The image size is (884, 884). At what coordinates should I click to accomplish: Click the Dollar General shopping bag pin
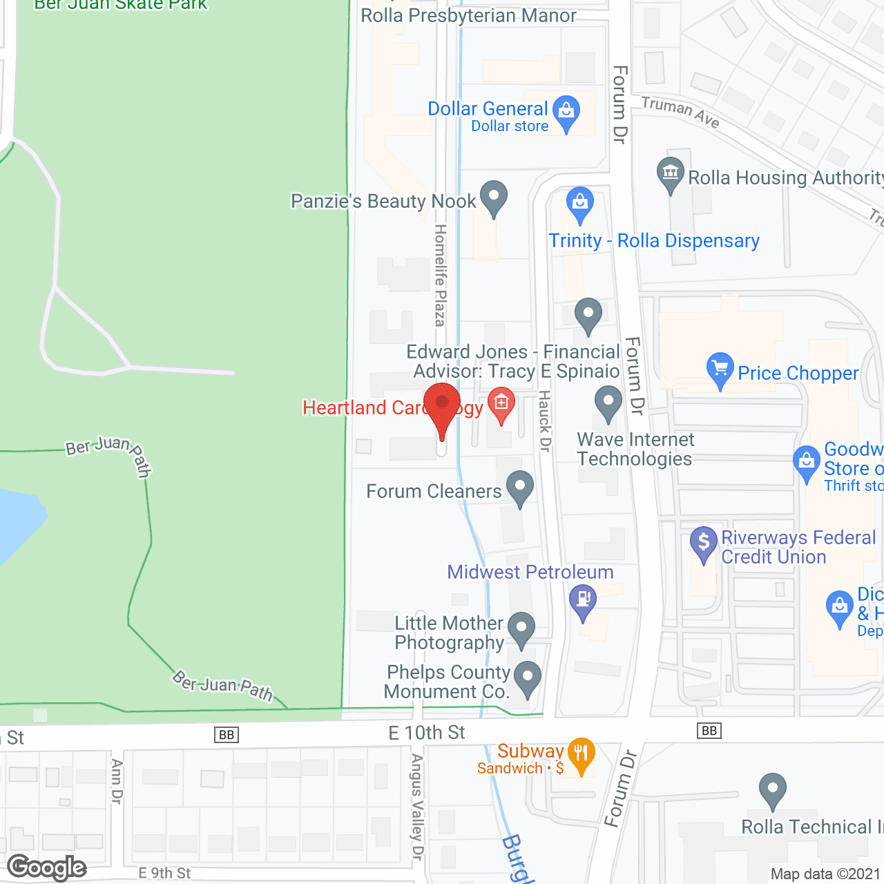566,110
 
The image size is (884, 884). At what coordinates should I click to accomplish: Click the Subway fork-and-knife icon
581,753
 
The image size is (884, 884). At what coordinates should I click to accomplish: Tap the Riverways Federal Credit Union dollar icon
704,542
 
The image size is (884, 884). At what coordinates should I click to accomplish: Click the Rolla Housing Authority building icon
670,173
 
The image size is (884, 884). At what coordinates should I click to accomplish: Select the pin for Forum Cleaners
520,486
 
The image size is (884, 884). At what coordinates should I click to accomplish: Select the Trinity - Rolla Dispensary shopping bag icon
580,202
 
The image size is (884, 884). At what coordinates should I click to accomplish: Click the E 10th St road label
427,733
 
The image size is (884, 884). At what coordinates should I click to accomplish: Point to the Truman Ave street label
680,112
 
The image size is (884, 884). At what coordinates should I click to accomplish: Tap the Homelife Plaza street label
440,275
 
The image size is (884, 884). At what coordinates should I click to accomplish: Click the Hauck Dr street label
544,421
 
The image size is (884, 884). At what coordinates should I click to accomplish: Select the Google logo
47,867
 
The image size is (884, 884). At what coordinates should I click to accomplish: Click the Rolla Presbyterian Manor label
468,15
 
